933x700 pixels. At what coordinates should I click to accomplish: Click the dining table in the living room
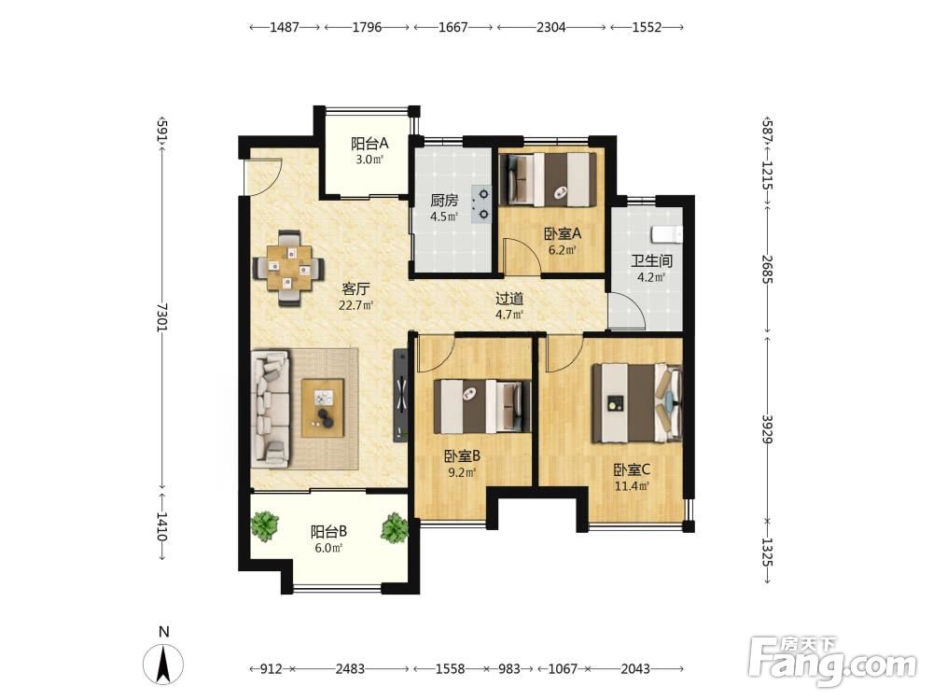(289, 269)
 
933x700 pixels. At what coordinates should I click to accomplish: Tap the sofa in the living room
(272, 409)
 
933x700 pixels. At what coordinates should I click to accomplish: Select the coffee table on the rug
(323, 409)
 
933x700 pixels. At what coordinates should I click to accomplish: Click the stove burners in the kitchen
(482, 204)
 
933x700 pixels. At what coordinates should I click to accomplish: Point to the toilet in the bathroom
(666, 234)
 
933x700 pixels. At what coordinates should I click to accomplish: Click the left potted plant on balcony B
(264, 526)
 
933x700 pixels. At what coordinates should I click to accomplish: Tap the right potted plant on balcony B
(395, 527)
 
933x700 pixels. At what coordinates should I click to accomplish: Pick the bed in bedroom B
(482, 407)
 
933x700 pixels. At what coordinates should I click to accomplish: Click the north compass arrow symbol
(163, 664)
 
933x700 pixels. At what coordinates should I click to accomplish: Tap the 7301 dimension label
(162, 317)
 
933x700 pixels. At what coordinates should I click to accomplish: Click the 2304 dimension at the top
(551, 27)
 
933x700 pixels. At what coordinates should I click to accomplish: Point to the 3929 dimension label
(767, 428)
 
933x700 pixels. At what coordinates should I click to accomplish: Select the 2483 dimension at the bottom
(350, 669)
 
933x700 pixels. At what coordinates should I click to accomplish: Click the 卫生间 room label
(651, 260)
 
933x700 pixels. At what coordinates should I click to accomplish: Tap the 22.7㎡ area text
(355, 306)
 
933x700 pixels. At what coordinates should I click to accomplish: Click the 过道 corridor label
(509, 299)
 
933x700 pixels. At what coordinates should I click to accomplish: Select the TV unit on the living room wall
(401, 396)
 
